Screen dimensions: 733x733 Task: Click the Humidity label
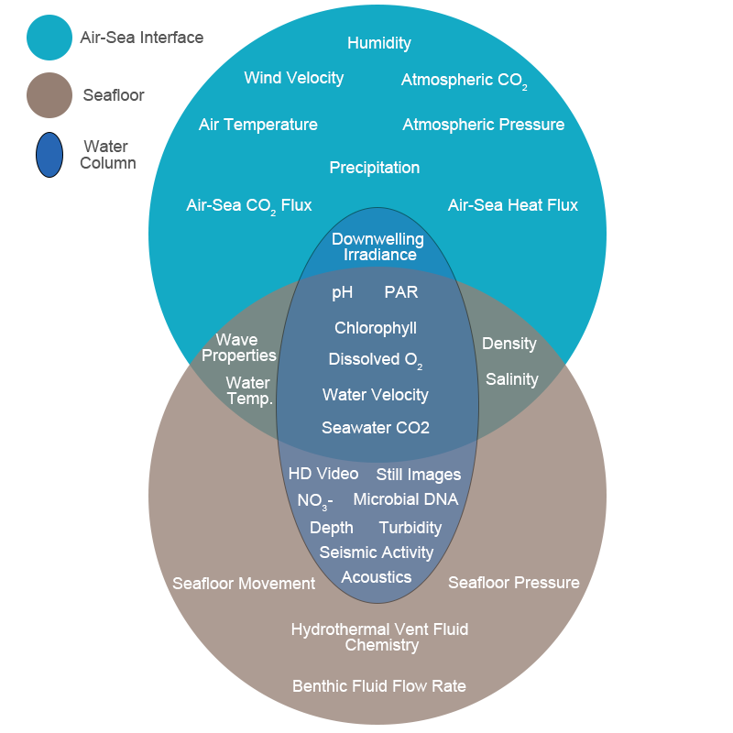click(378, 43)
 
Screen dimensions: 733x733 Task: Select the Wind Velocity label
click(293, 78)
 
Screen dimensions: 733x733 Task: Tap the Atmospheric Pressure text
click(483, 125)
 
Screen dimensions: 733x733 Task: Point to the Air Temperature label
click(257, 125)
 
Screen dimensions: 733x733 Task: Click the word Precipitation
click(374, 168)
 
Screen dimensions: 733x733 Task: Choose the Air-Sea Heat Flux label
click(512, 205)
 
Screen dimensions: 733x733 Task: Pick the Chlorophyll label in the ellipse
click(375, 328)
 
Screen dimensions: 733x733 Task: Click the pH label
click(342, 292)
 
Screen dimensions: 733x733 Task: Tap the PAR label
click(400, 292)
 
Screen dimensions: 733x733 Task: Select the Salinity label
click(511, 379)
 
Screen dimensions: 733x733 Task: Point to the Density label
click(509, 344)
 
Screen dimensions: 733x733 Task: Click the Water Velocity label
click(375, 395)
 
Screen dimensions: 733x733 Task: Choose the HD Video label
click(323, 474)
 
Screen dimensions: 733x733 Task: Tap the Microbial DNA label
click(405, 499)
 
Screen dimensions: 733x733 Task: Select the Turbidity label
click(410, 528)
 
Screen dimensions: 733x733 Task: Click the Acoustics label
click(376, 577)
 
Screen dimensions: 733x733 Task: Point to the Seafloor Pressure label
click(513, 583)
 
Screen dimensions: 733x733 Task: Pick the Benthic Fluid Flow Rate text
click(378, 686)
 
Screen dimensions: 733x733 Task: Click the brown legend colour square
click(49, 94)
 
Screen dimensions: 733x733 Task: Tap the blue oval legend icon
click(49, 155)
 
